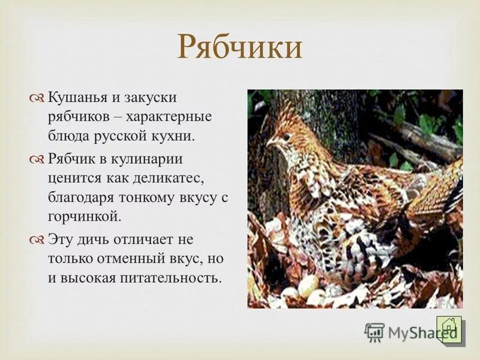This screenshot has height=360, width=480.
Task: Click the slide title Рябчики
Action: coord(240,47)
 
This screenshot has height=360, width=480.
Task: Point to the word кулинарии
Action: coord(151,158)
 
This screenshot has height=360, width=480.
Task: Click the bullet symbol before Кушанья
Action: coord(38,97)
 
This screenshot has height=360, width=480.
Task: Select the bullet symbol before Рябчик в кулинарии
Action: coord(38,159)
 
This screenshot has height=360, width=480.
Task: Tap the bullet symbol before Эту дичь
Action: coord(38,241)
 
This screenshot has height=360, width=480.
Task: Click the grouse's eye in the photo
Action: coord(283,137)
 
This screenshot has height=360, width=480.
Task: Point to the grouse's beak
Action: coord(269,143)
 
